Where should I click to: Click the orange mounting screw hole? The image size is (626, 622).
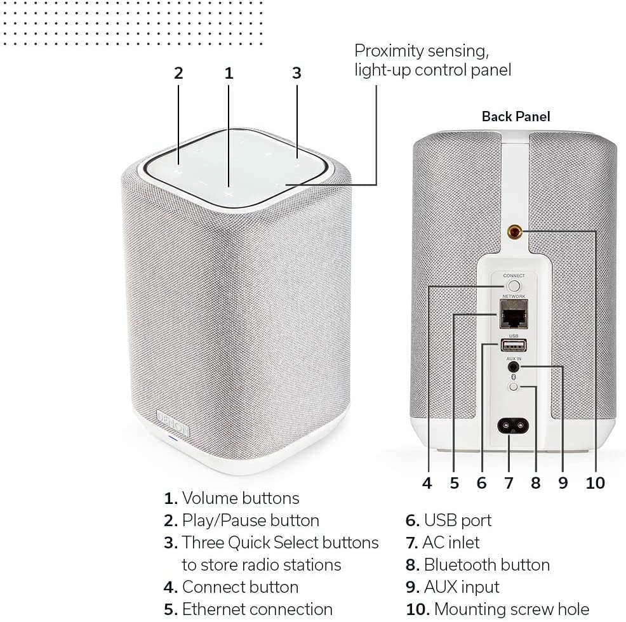pos(514,232)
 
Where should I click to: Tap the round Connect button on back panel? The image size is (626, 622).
pos(514,286)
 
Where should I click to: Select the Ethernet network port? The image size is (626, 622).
pos(514,314)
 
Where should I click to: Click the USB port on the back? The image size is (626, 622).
pos(514,345)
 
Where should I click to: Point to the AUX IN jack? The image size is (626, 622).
pos(514,367)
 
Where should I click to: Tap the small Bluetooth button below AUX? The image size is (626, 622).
pos(514,387)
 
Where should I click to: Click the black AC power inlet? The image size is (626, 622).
pos(513,427)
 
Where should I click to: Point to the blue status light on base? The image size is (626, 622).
pos(173,439)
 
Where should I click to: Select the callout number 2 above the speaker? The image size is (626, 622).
pos(178,73)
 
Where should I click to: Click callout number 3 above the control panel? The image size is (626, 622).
pos(296,73)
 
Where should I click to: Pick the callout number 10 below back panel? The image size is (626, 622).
pos(596,483)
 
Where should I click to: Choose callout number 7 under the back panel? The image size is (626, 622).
pos(509,483)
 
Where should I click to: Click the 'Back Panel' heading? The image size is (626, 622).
pos(516,117)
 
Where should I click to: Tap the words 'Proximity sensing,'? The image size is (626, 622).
pos(422,51)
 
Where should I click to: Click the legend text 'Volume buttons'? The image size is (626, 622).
pos(241,498)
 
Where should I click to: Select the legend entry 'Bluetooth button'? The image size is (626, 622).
pos(487,565)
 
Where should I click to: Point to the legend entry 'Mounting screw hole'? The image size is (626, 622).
pos(512,610)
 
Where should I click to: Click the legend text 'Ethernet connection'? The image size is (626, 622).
pos(257,610)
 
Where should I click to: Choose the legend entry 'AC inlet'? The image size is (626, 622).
pos(451,543)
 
